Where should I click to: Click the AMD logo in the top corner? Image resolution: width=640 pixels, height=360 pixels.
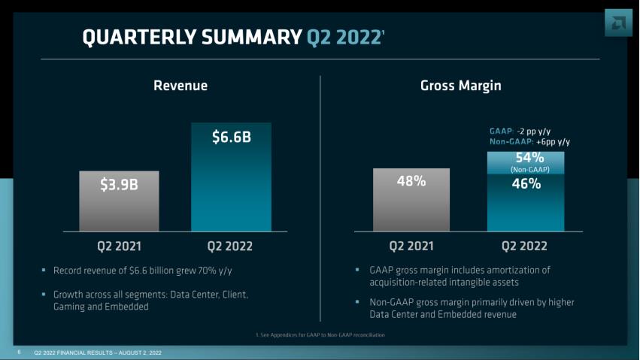click(x=618, y=22)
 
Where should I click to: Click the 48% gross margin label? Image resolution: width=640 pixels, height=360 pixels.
click(x=411, y=181)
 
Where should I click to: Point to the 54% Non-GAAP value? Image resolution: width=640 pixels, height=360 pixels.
click(x=529, y=158)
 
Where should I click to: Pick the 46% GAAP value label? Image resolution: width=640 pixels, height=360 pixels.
click(x=526, y=183)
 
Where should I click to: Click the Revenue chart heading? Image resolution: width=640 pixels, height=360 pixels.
click(x=180, y=86)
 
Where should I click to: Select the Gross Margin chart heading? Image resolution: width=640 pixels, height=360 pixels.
click(x=460, y=86)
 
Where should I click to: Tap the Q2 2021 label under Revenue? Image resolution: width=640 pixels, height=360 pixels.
click(x=119, y=246)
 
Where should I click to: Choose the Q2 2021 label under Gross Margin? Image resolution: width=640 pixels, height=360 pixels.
click(x=411, y=246)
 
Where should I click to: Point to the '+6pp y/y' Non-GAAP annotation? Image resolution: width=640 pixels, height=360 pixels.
click(x=553, y=141)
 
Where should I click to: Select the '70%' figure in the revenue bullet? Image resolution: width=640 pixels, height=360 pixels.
click(x=204, y=270)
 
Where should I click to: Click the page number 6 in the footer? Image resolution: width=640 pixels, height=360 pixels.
click(x=20, y=352)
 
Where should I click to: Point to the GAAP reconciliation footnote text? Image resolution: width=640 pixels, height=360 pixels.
click(x=320, y=334)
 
